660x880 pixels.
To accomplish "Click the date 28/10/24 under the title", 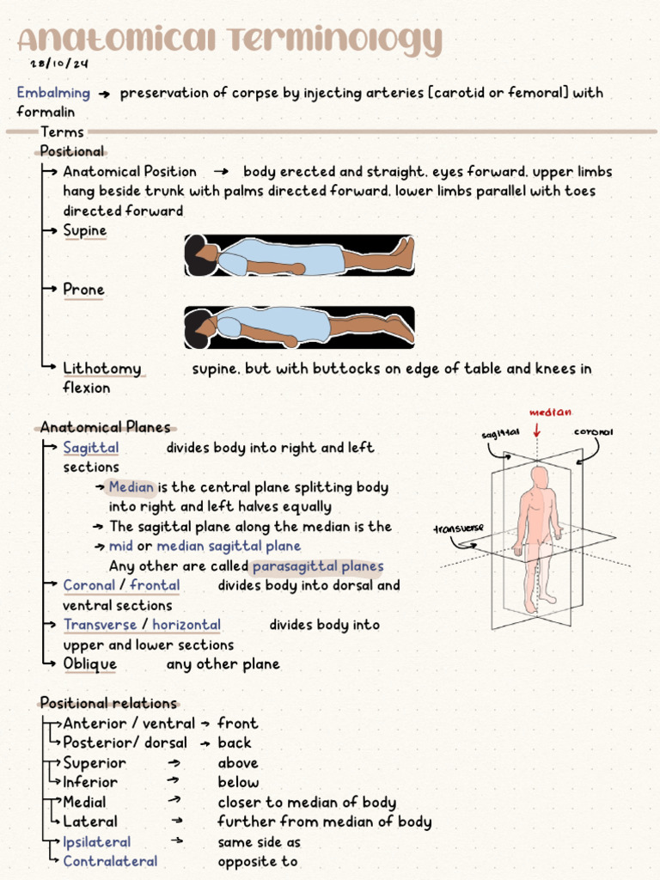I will [58, 64].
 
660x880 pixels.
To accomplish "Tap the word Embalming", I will [53, 93].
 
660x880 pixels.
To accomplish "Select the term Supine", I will [85, 230].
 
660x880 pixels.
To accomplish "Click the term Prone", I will [83, 290].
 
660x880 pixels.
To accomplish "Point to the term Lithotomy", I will [101, 369].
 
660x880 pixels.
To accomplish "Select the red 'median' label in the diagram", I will [550, 412].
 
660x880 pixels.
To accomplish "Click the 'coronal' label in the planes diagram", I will [594, 432].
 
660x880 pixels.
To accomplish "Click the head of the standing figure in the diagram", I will [539, 477].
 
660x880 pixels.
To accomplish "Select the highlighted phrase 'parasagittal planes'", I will [318, 566].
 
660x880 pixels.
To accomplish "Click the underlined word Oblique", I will [90, 664].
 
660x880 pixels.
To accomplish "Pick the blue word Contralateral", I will [110, 861].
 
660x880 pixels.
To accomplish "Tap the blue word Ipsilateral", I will [97, 842].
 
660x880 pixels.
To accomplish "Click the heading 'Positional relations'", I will [108, 703].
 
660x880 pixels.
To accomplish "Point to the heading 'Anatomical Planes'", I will [105, 427].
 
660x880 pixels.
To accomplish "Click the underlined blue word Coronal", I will [89, 585].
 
